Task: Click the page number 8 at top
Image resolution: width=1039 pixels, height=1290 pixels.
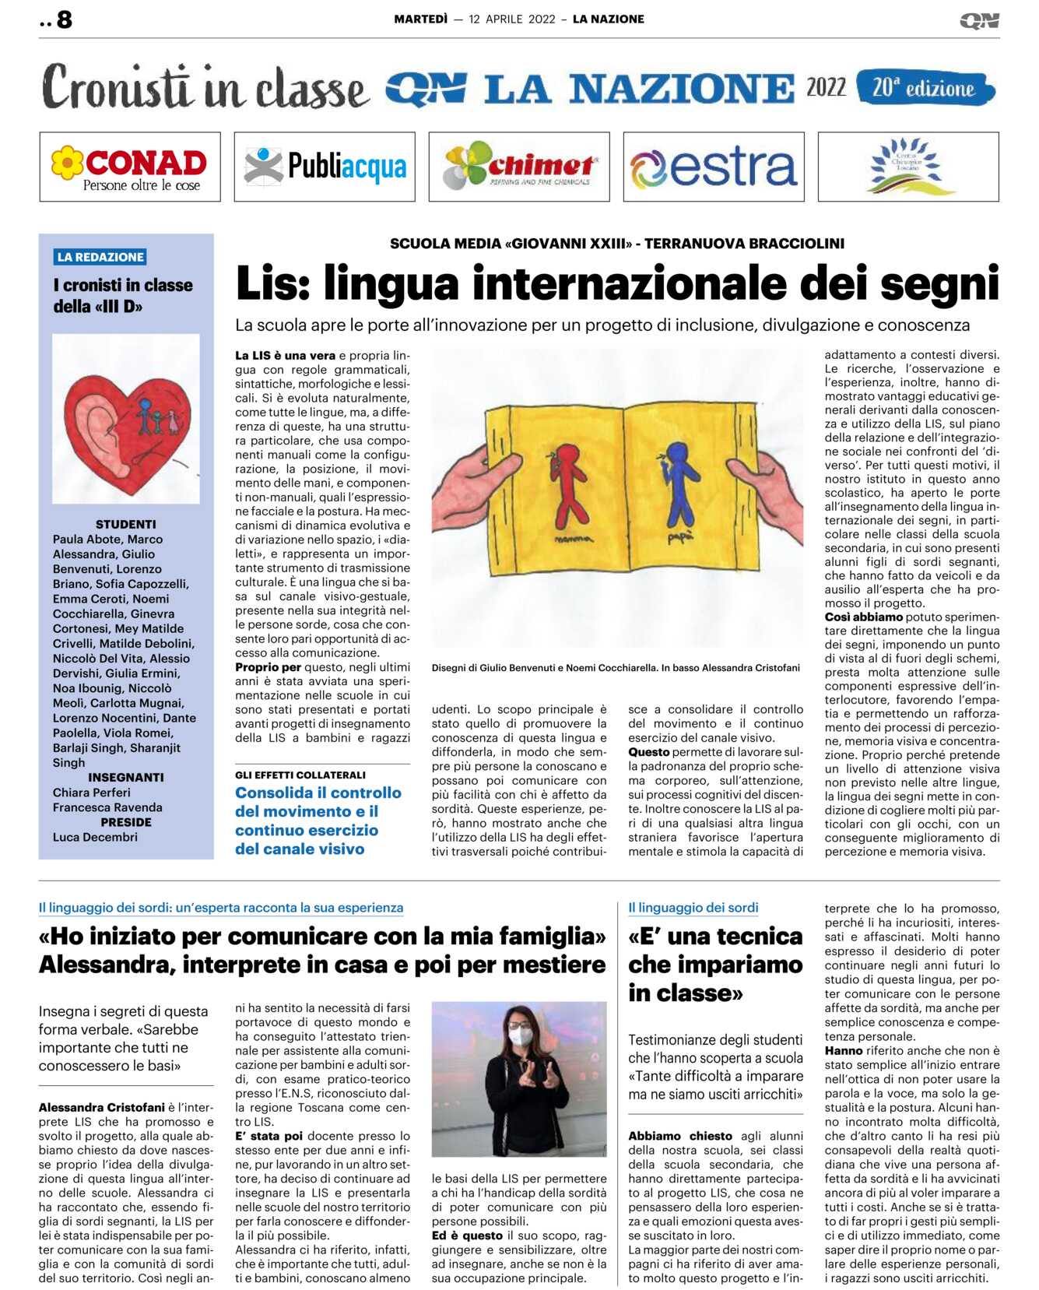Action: tap(64, 19)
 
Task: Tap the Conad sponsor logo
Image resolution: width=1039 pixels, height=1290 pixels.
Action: tap(130, 167)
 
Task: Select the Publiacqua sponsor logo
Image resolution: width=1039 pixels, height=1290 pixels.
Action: tap(325, 167)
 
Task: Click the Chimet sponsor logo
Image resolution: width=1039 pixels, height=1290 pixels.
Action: tap(519, 167)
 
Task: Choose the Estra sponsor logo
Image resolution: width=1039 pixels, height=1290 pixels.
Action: tap(714, 167)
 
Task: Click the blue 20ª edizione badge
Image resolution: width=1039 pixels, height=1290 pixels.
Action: tap(925, 87)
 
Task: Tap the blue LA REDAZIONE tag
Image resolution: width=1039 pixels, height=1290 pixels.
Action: tap(100, 257)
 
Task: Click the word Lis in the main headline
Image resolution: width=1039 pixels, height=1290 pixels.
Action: tap(272, 283)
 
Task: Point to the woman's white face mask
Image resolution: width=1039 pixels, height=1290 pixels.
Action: tap(521, 1036)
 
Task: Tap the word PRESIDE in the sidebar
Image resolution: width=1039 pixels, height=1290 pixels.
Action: tap(125, 822)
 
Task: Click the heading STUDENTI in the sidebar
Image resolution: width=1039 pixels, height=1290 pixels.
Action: tap(125, 525)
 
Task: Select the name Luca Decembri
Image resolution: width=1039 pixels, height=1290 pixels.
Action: tap(95, 837)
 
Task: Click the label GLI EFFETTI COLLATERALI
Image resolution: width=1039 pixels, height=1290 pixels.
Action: tap(300, 775)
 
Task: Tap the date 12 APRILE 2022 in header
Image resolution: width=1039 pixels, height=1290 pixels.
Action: tap(511, 19)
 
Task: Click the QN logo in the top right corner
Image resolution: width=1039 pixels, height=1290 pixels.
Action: tap(979, 21)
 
